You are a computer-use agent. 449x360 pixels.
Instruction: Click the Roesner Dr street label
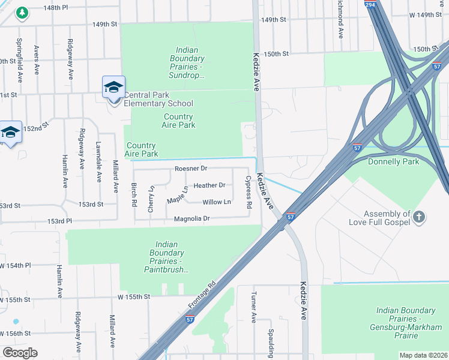pyautogui.click(x=191, y=169)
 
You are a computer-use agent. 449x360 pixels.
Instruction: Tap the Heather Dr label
pyautogui.click(x=209, y=185)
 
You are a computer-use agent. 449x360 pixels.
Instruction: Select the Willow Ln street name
pyautogui.click(x=217, y=202)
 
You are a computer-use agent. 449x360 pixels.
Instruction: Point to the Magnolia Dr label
pyautogui.click(x=191, y=219)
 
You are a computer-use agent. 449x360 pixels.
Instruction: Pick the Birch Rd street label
pyautogui.click(x=134, y=194)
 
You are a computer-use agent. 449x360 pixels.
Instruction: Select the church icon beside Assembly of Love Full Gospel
pyautogui.click(x=420, y=216)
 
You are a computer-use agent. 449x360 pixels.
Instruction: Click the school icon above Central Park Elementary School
pyautogui.click(x=113, y=88)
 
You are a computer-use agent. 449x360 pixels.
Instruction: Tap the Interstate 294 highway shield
pyautogui.click(x=370, y=5)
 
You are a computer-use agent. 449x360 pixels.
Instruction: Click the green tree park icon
pyautogui.click(x=22, y=13)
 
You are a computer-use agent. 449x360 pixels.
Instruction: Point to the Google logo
pyautogui.click(x=20, y=353)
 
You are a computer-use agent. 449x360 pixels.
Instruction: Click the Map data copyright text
pyautogui.click(x=423, y=355)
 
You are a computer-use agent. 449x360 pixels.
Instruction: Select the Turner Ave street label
pyautogui.click(x=254, y=308)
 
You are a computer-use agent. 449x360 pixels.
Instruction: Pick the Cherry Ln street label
pyautogui.click(x=151, y=199)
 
